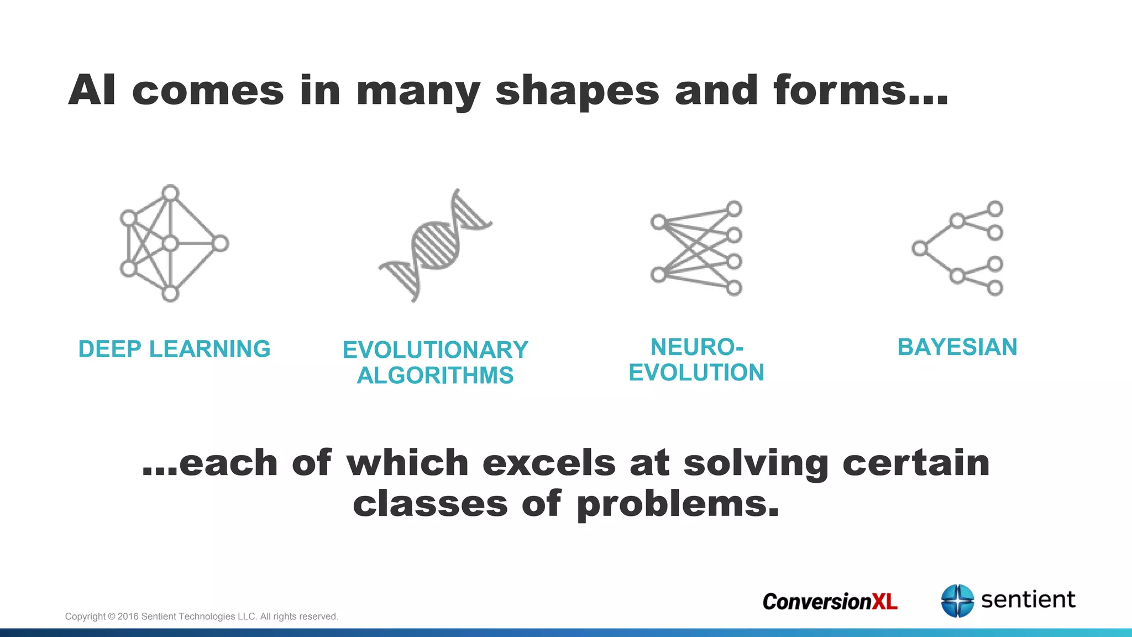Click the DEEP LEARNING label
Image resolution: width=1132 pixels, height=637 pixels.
174,349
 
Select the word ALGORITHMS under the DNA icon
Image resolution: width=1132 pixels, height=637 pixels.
435,376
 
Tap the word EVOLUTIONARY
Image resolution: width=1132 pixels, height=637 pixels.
435,350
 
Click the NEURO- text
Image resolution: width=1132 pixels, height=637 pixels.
696,347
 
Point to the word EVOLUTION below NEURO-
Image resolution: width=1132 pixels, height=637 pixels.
696,373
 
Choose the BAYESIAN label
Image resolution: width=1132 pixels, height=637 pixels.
957,347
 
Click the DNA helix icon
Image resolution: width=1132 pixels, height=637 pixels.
436,245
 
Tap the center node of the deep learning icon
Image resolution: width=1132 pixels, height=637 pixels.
171,243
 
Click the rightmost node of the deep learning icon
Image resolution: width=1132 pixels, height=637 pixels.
220,243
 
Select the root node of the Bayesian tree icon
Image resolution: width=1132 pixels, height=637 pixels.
920,248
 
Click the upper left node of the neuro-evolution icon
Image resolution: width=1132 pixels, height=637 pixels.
658,222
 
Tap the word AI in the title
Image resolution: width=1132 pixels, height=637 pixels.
92,90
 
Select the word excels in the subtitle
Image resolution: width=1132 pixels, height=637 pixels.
549,463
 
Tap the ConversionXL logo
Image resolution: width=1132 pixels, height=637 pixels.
830,602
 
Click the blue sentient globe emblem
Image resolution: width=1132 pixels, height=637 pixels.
957,601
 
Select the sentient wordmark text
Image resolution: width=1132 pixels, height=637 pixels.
1028,599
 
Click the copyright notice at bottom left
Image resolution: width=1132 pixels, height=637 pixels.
201,617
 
